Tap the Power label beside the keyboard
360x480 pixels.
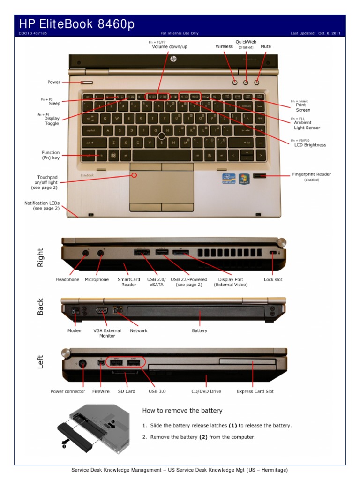pos(54,82)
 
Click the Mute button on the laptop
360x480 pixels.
pos(257,82)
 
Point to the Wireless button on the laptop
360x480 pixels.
pos(235,82)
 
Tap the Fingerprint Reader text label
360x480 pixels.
pos(311,174)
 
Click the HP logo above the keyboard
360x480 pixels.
pos(173,59)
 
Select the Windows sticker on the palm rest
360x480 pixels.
pos(244,179)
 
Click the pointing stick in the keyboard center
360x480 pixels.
pos(162,136)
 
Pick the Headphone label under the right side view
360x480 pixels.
pos(67,279)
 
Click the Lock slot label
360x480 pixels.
pos(273,279)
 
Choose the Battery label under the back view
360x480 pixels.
pos(200,330)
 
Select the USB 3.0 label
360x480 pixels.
pos(157,391)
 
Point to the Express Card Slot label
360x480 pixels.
pos(255,391)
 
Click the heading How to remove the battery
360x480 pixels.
pos(182,411)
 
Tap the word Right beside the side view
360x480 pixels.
pos(41,257)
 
